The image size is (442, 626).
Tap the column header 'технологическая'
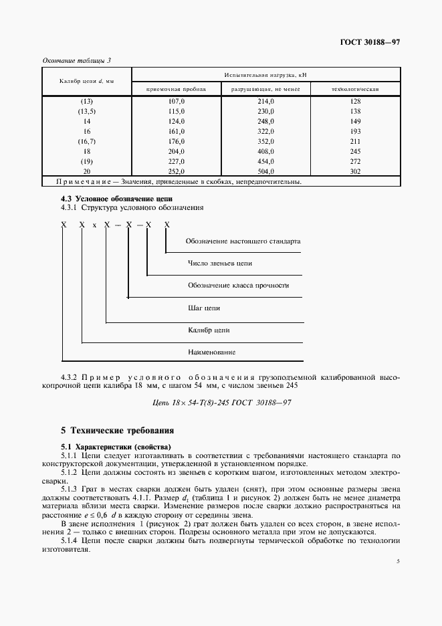pos(355,89)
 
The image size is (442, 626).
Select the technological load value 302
pos(355,171)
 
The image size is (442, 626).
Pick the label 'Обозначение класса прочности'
pos(238,286)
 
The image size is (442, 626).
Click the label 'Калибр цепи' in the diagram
pos(209,330)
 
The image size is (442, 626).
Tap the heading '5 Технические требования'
pos(118,430)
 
